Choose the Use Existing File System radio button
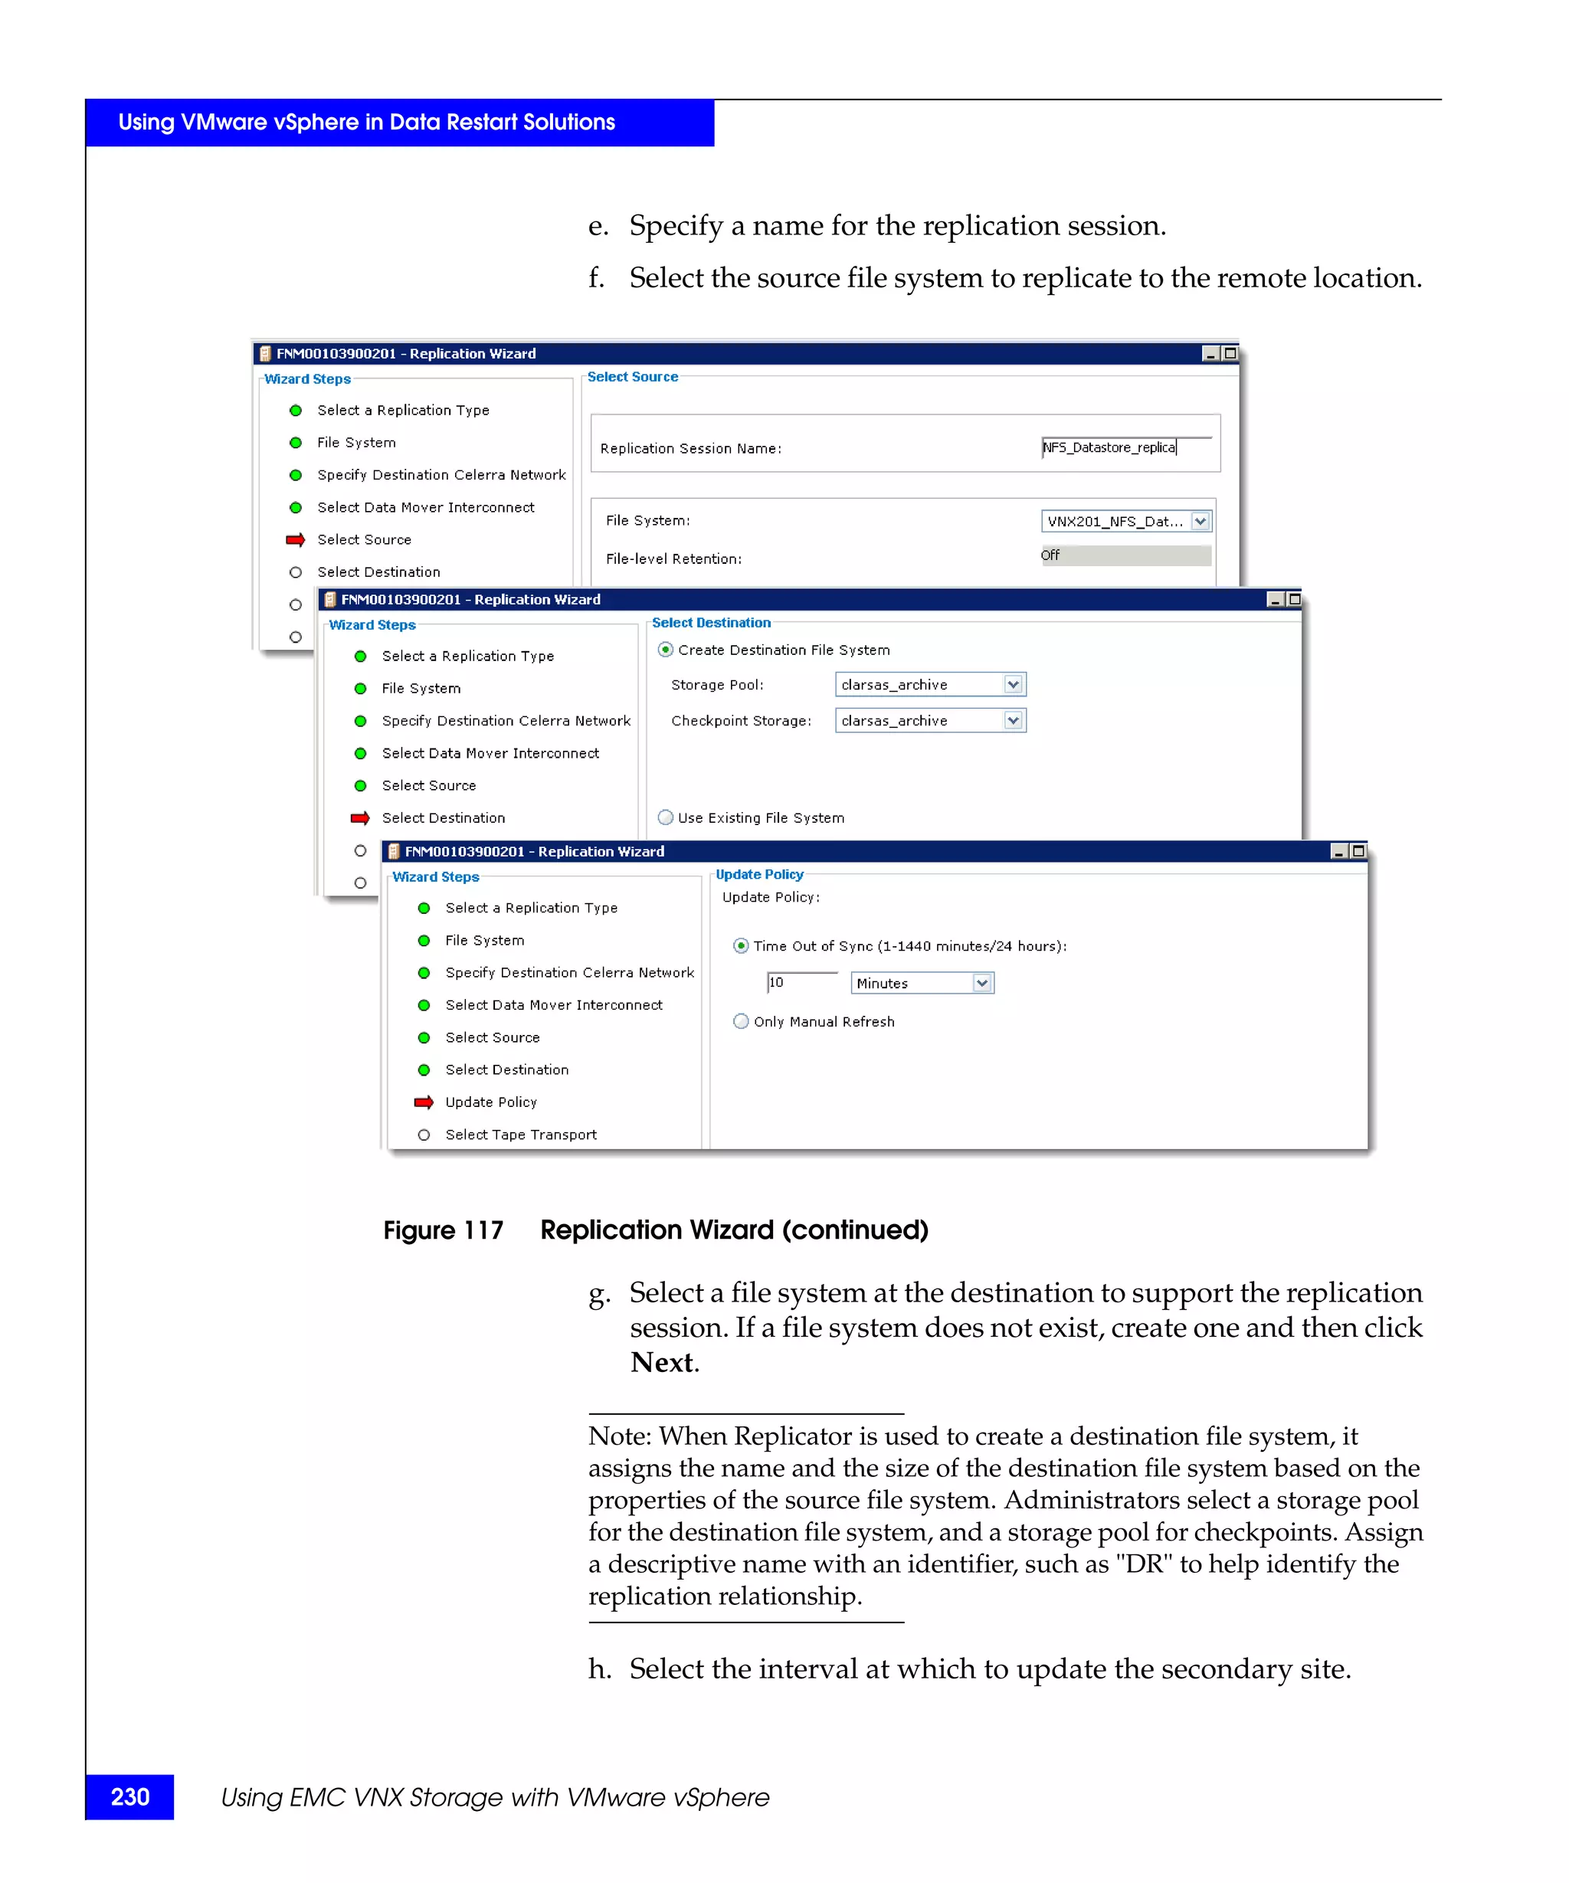(665, 817)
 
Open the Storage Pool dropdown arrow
(1013, 684)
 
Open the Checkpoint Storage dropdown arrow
(1013, 720)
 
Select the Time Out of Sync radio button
(741, 945)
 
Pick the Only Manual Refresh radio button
(741, 1020)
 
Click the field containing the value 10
(801, 983)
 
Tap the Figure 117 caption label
(443, 1230)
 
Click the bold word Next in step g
(662, 1362)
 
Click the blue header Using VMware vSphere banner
(399, 123)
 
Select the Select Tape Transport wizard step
(520, 1135)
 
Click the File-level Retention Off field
(1125, 555)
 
